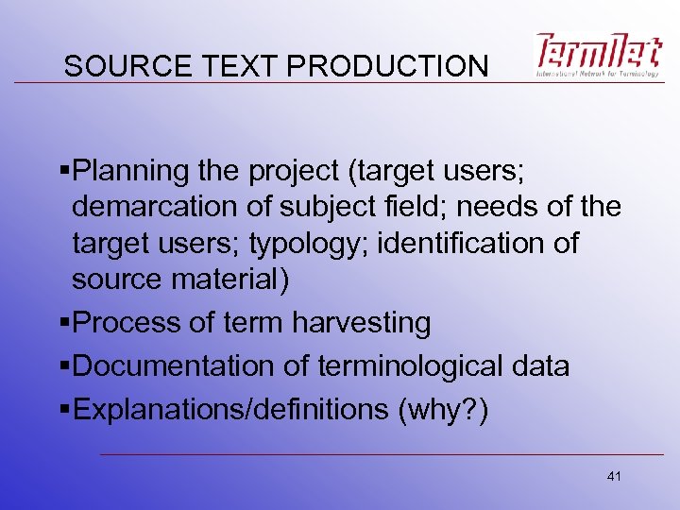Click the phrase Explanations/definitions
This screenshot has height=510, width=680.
click(226, 410)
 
